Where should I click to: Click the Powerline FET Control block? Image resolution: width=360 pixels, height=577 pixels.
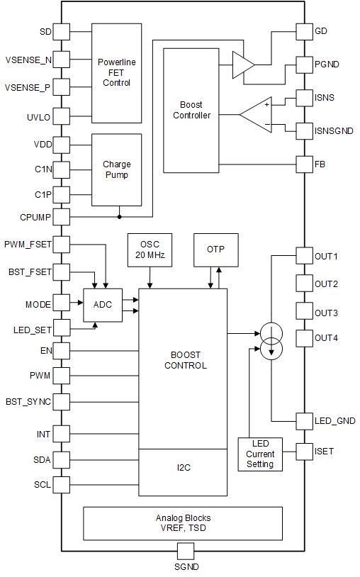point(117,73)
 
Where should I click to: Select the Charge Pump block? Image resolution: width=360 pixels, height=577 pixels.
point(117,169)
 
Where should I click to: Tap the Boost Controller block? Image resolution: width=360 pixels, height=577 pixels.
point(191,110)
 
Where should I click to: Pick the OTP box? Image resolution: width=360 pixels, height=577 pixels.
point(215,250)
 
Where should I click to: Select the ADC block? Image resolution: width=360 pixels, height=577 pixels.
point(103,305)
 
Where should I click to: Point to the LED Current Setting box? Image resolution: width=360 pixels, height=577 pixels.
point(260,454)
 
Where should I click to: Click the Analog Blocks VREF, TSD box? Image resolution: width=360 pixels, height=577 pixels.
point(183,523)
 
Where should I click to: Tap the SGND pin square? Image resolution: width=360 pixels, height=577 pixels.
point(186,551)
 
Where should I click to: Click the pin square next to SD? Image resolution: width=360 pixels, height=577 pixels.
point(62,32)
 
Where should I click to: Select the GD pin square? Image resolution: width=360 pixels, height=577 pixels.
point(304,32)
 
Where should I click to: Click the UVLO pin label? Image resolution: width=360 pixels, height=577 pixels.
point(37,117)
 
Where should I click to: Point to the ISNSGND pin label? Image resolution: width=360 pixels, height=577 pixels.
point(336,130)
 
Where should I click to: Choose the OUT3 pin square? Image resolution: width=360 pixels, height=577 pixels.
point(304,313)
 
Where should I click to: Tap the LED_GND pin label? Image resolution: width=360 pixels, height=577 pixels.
point(335,421)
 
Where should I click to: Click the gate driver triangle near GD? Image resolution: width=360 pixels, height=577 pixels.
point(242,67)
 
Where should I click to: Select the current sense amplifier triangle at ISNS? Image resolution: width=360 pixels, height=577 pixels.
point(255,113)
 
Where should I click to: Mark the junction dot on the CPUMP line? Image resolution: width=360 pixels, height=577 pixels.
point(119,217)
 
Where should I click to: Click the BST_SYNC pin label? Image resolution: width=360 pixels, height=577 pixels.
point(28,402)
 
